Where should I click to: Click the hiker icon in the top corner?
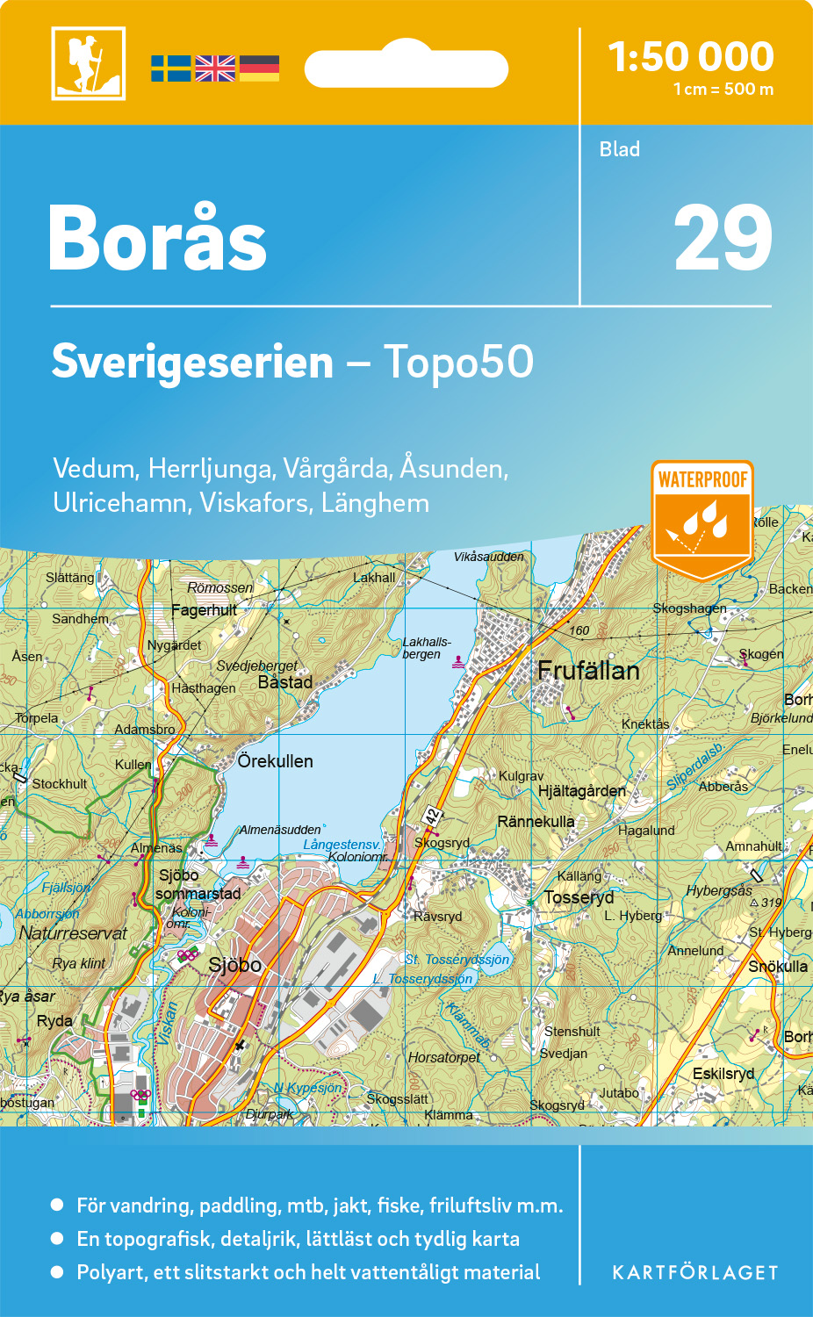[x=88, y=63]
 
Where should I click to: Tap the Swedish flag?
[x=170, y=68]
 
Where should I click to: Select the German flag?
[x=259, y=68]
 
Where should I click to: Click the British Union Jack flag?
[x=215, y=68]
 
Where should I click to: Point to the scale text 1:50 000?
[x=691, y=57]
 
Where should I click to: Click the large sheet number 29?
[x=722, y=239]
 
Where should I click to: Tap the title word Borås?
[x=158, y=239]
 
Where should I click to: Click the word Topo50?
[x=458, y=362]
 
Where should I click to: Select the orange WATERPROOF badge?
[x=702, y=518]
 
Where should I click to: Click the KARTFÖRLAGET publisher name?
[x=695, y=1273]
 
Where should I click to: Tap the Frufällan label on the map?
[x=588, y=671]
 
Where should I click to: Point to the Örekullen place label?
[x=276, y=761]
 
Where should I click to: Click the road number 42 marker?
[x=432, y=816]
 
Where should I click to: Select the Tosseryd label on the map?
[x=579, y=897]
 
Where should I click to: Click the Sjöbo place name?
[x=235, y=965]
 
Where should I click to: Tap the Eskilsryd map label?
[x=723, y=1073]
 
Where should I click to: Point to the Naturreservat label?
[x=74, y=933]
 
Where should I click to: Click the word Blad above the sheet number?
[x=620, y=149]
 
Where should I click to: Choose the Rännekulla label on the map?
[x=536, y=822]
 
